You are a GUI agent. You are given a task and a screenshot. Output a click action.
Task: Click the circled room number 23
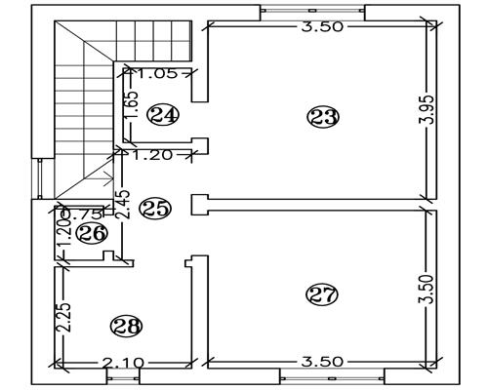tap(323, 117)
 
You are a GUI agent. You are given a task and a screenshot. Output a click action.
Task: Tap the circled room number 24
tap(163, 114)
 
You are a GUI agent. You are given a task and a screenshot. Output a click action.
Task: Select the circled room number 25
tap(155, 209)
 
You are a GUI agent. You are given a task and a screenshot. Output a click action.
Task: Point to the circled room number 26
tap(91, 233)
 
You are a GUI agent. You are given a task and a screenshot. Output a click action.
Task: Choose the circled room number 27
tap(322, 294)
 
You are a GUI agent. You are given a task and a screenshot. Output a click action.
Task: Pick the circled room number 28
tap(127, 326)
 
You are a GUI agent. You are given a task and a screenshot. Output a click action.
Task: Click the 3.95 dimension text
tap(427, 109)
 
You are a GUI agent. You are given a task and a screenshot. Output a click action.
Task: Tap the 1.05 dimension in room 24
tap(158, 74)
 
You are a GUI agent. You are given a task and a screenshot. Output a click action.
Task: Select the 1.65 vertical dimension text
tap(133, 105)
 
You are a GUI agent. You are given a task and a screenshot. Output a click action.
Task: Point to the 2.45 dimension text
tap(124, 205)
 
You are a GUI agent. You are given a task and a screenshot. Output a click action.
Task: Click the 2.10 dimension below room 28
tap(123, 363)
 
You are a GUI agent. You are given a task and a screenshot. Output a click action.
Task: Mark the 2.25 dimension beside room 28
tap(63, 318)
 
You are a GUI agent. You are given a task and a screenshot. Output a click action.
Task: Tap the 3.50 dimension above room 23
tap(322, 26)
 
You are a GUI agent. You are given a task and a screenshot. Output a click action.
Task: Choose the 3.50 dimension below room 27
tap(322, 362)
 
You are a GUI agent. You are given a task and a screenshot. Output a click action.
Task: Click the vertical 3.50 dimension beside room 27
tap(427, 290)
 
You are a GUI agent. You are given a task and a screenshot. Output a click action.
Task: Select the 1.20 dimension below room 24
tap(153, 155)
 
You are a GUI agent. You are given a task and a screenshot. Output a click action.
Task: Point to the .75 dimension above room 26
tap(85, 214)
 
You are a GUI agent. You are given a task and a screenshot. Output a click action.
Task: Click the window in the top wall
tap(312, 11)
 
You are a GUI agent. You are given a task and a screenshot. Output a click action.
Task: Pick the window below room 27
tap(332, 377)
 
